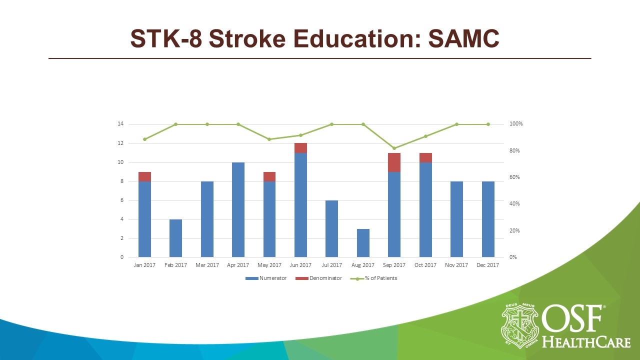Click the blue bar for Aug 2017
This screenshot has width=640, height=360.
363,243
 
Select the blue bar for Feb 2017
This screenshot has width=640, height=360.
175,238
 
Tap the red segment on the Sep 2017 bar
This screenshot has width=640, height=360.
394,162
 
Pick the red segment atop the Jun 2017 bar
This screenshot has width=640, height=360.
300,148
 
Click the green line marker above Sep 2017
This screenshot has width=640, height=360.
394,148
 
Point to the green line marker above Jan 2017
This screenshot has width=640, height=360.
144,139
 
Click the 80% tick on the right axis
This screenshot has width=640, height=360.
515,150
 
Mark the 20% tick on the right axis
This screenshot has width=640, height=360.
515,230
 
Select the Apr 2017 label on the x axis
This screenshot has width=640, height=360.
238,265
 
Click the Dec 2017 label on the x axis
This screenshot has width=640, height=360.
488,265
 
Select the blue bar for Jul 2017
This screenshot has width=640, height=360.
332,228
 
